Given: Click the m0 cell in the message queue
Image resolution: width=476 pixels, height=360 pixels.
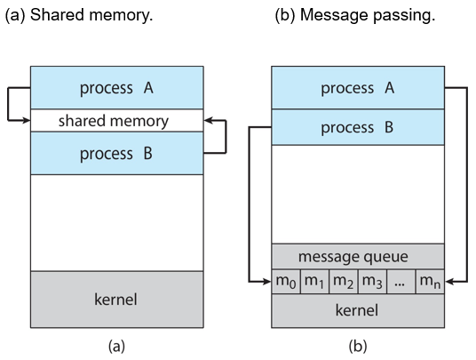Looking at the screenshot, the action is pyautogui.click(x=286, y=281).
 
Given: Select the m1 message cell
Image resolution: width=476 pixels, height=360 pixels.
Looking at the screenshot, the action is pyautogui.click(x=314, y=281).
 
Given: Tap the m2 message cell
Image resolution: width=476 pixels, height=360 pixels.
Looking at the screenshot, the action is pyautogui.click(x=344, y=281).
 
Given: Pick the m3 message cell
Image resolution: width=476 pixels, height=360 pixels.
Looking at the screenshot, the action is pyautogui.click(x=372, y=281).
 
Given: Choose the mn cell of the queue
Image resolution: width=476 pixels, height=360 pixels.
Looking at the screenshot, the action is pyautogui.click(x=430, y=281).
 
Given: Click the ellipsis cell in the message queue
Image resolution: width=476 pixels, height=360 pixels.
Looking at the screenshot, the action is pyautogui.click(x=401, y=281).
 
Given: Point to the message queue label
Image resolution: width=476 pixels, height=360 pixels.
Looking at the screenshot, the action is pyautogui.click(x=353, y=257).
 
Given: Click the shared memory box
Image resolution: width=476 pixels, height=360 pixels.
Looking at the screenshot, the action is pyautogui.click(x=117, y=120).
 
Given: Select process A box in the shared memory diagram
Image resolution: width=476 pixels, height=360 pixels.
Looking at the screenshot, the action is pyautogui.click(x=117, y=87).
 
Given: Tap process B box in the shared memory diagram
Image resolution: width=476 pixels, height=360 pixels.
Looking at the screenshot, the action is pyautogui.click(x=117, y=153).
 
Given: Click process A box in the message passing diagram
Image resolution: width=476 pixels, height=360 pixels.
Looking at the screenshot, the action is pyautogui.click(x=358, y=87).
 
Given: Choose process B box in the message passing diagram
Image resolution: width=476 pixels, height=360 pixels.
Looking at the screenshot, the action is pyautogui.click(x=358, y=127).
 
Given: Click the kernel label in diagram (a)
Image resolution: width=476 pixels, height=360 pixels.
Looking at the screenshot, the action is pyautogui.click(x=115, y=300).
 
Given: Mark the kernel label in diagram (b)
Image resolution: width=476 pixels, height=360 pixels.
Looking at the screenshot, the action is pyautogui.click(x=357, y=310).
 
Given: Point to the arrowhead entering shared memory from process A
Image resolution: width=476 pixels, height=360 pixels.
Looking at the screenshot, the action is pyautogui.click(x=27, y=121).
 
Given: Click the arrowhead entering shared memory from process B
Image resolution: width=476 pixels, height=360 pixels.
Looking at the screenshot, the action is pyautogui.click(x=208, y=121).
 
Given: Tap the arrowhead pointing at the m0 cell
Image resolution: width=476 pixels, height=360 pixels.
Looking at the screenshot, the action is pyautogui.click(x=266, y=282).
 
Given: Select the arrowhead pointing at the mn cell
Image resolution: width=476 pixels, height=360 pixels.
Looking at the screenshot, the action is pyautogui.click(x=449, y=282).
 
